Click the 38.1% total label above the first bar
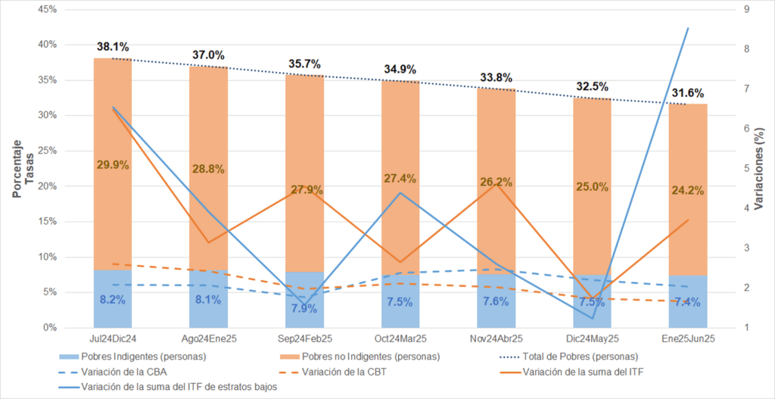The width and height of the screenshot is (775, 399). click(113, 47)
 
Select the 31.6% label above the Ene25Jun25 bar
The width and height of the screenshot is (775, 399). click(687, 94)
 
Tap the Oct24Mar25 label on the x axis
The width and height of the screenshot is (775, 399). click(400, 338)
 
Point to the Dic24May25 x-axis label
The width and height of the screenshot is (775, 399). click(591, 338)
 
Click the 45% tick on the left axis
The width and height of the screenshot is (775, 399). click(47, 10)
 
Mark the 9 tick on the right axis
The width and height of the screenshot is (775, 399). click(747, 10)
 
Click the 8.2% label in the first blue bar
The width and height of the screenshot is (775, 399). click(113, 300)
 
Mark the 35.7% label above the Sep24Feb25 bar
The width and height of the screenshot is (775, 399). click(304, 64)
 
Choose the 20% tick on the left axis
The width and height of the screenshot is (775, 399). click(47, 186)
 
